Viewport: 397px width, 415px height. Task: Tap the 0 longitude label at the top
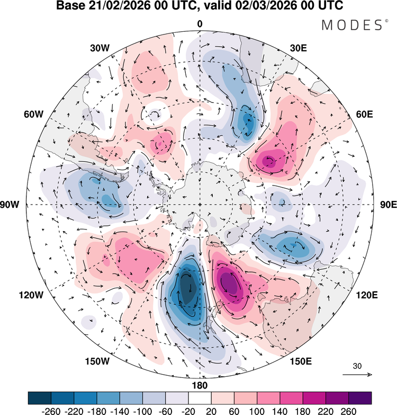pos(200,23)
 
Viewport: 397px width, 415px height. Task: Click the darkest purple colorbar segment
pos(359,398)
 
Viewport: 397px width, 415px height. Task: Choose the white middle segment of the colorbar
pos(200,398)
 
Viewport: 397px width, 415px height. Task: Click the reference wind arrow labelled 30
pos(358,374)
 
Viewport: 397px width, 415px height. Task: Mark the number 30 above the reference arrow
pos(358,366)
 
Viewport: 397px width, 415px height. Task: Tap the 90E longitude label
pos(388,205)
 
